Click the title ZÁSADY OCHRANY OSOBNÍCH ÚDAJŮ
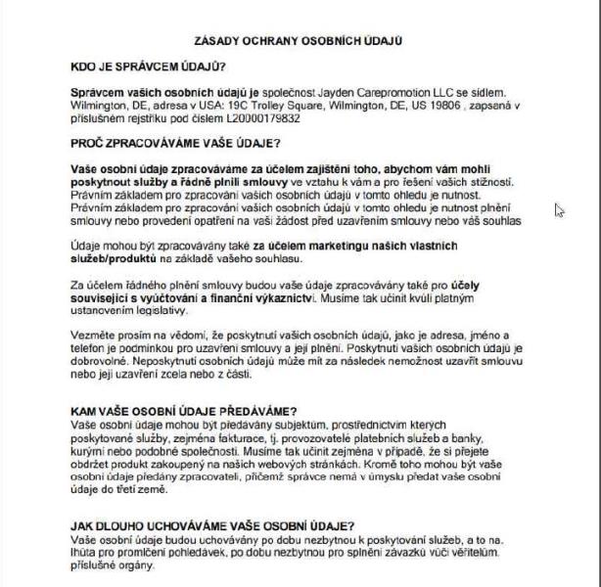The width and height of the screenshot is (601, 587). (x=300, y=41)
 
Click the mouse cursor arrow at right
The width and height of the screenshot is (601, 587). (x=559, y=209)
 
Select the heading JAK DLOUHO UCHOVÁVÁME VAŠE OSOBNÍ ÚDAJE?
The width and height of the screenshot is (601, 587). (x=213, y=525)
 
